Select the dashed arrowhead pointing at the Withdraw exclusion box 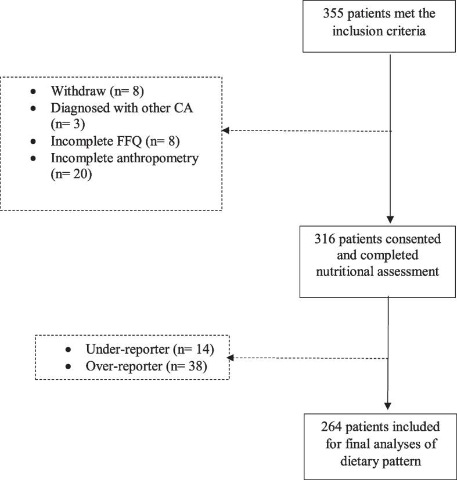pos(227,131)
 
